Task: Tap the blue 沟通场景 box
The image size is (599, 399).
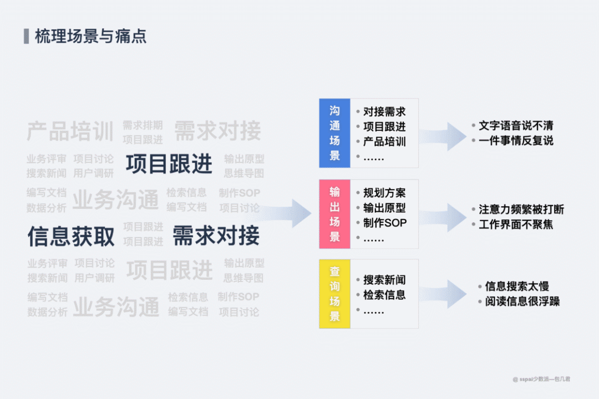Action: pos(334,133)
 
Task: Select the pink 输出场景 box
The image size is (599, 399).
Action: pos(334,214)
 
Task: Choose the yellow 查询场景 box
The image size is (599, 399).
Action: pos(334,294)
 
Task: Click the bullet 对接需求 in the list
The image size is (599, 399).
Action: pos(384,112)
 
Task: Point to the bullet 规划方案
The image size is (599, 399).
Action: pos(384,193)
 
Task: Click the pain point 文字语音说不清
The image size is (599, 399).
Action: pos(516,126)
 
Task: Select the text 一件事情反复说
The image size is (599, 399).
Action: pos(516,141)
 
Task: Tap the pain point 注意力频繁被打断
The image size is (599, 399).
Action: pos(521,209)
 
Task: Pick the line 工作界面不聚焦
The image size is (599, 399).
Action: pos(516,224)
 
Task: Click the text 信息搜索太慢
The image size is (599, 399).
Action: pos(517,287)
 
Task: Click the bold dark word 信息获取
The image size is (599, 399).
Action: pos(71,236)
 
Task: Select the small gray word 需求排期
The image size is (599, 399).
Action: pos(143,125)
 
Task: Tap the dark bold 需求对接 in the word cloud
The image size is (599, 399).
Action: pos(216,236)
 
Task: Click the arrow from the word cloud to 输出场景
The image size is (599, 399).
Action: pos(288,213)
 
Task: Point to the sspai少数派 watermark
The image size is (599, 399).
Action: pos(541,379)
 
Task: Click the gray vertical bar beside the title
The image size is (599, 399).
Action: pos(26,37)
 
